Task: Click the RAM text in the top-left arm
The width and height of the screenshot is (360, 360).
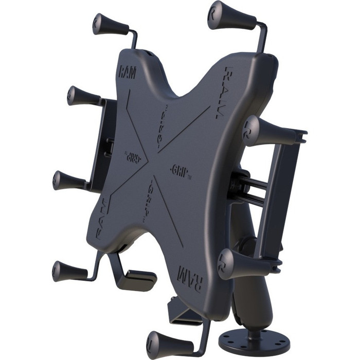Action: [127, 72]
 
